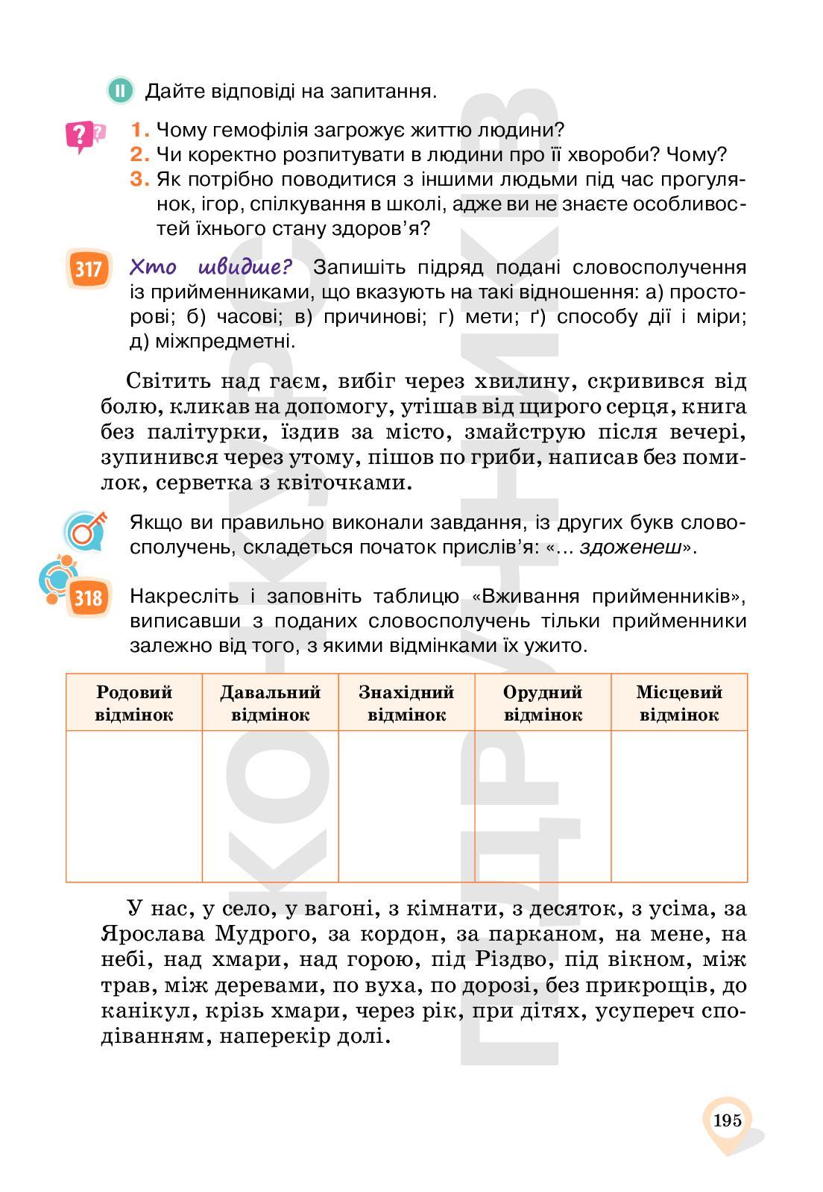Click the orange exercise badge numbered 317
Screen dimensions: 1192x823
[88, 269]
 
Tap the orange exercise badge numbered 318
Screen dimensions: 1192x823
[88, 597]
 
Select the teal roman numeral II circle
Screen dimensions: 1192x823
[120, 91]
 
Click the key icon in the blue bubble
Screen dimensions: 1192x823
[84, 530]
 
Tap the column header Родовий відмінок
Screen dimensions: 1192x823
[134, 703]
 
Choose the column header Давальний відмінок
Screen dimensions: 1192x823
[270, 703]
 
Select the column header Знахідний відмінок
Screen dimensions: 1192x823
[406, 703]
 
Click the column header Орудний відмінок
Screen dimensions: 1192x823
[543, 703]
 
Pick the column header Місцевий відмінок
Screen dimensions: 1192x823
[679, 703]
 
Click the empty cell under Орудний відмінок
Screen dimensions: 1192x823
[543, 806]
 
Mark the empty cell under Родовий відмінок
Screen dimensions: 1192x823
[134, 806]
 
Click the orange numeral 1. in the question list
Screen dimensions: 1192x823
[140, 131]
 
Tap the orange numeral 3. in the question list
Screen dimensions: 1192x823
[140, 180]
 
